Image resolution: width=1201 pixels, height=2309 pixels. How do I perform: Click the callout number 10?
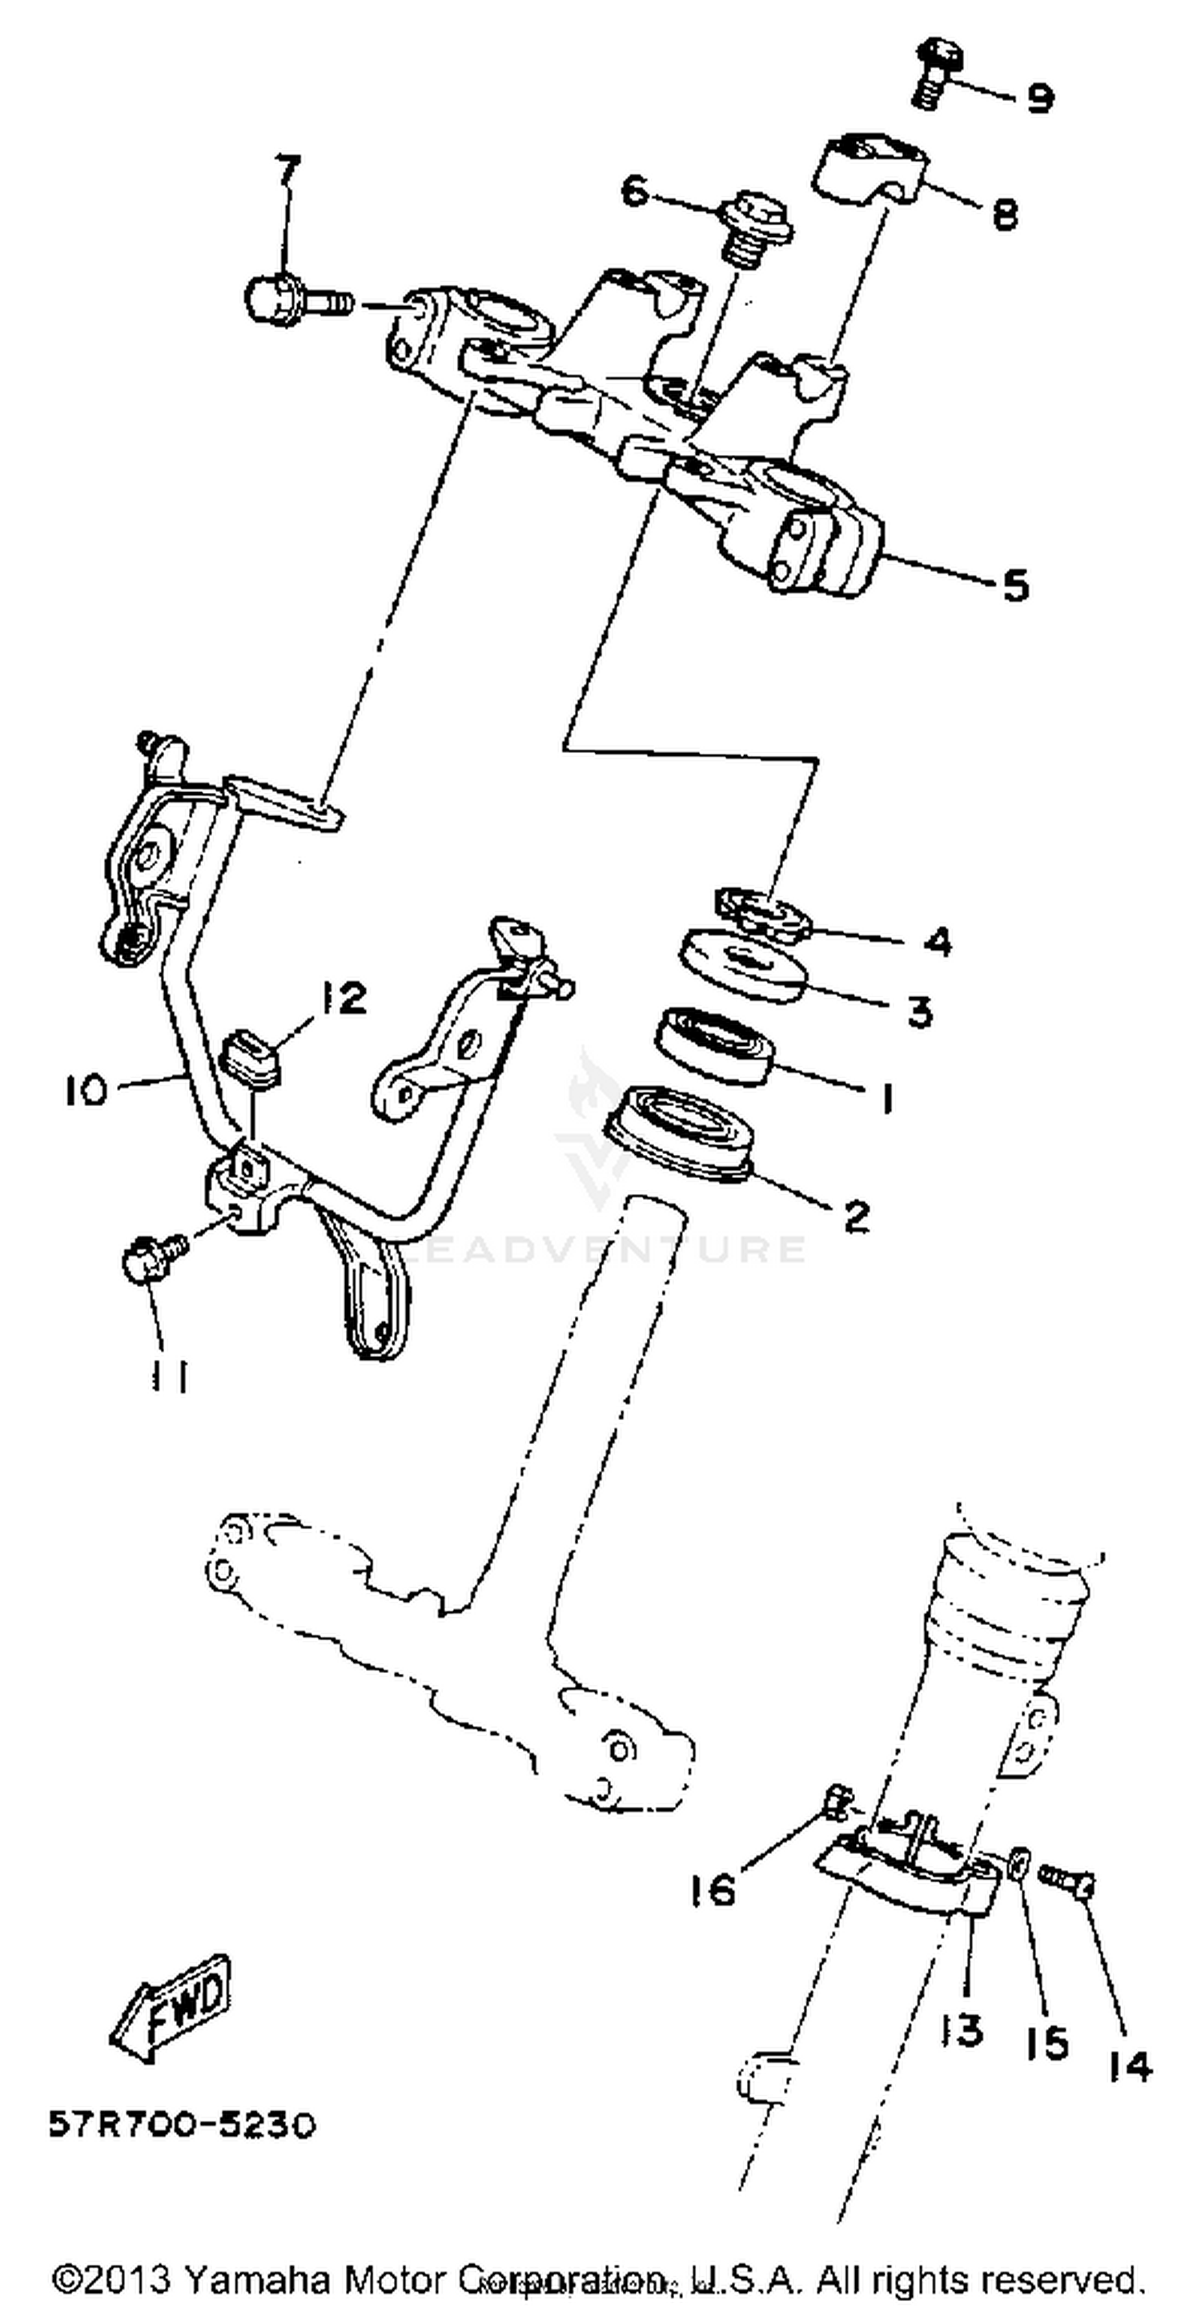[85, 1091]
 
